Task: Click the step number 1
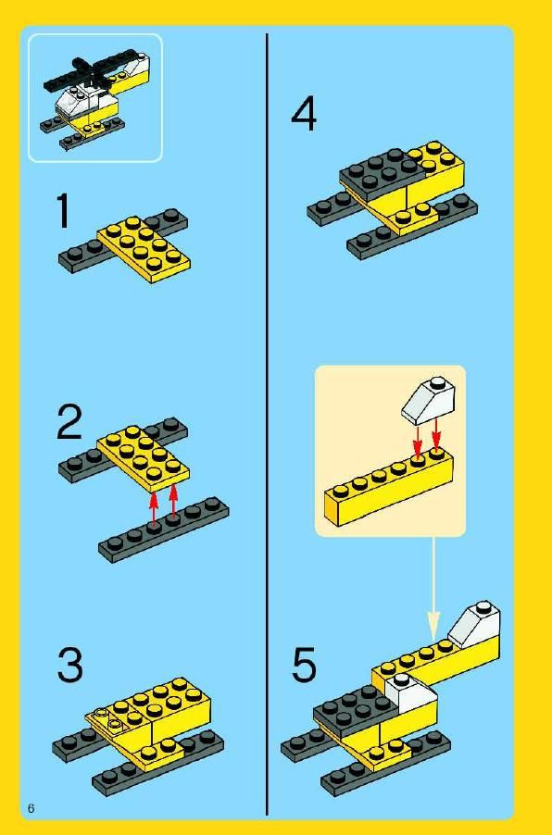tap(63, 211)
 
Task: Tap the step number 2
tap(69, 422)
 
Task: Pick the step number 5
tap(304, 664)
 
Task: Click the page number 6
tap(31, 808)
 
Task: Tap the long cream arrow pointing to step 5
tap(433, 589)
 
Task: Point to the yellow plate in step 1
tap(144, 249)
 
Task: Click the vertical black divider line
tap(267, 424)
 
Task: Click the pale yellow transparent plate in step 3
tap(108, 720)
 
